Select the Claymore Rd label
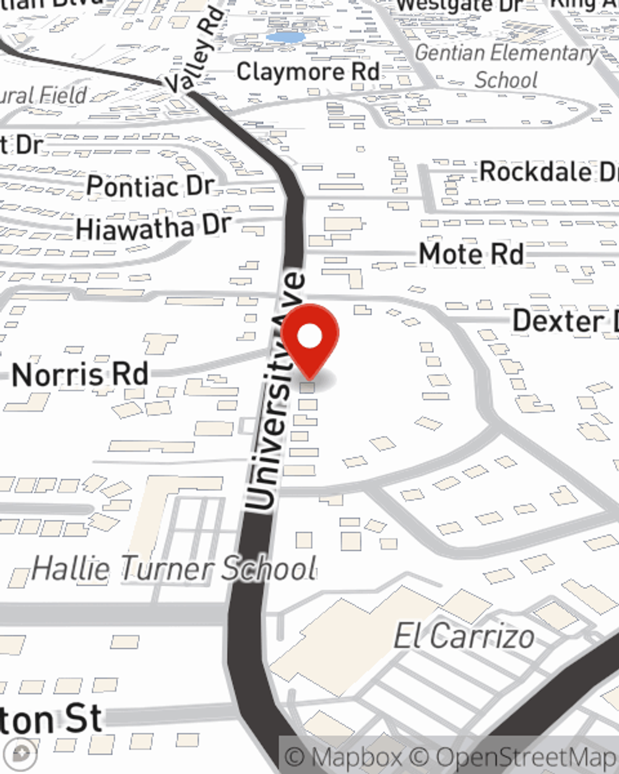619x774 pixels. click(308, 72)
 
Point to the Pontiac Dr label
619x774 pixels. click(150, 185)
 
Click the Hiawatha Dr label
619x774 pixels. click(153, 227)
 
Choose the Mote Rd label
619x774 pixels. click(471, 254)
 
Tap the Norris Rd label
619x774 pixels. click(80, 375)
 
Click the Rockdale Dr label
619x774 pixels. click(548, 172)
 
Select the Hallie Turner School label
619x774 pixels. click(174, 568)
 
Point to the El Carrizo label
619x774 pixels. click(464, 637)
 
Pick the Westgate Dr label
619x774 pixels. click(459, 6)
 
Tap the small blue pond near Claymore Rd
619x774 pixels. click(285, 37)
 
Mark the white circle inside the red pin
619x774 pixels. click(310, 337)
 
